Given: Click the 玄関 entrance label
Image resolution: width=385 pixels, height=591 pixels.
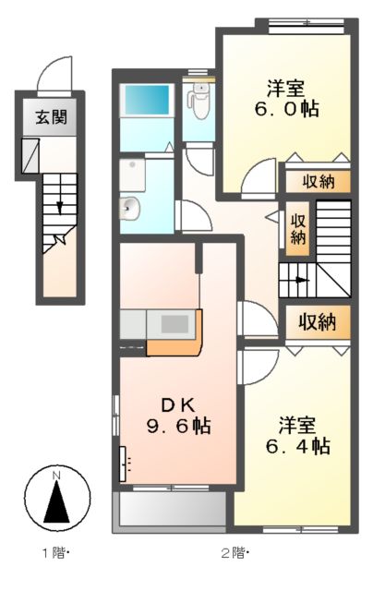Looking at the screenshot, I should tap(50, 117).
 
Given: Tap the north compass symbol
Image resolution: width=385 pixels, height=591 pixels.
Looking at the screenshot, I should tap(57, 500).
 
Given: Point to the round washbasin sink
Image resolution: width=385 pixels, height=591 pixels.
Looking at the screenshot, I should tap(131, 208).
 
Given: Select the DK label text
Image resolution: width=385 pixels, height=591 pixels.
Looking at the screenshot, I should tap(181, 404).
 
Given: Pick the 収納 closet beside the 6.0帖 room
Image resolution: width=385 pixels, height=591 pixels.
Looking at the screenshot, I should tap(317, 182).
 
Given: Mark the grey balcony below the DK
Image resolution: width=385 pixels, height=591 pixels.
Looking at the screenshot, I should tap(170, 509).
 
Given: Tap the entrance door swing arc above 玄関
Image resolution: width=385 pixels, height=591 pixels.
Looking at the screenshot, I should tap(57, 74).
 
